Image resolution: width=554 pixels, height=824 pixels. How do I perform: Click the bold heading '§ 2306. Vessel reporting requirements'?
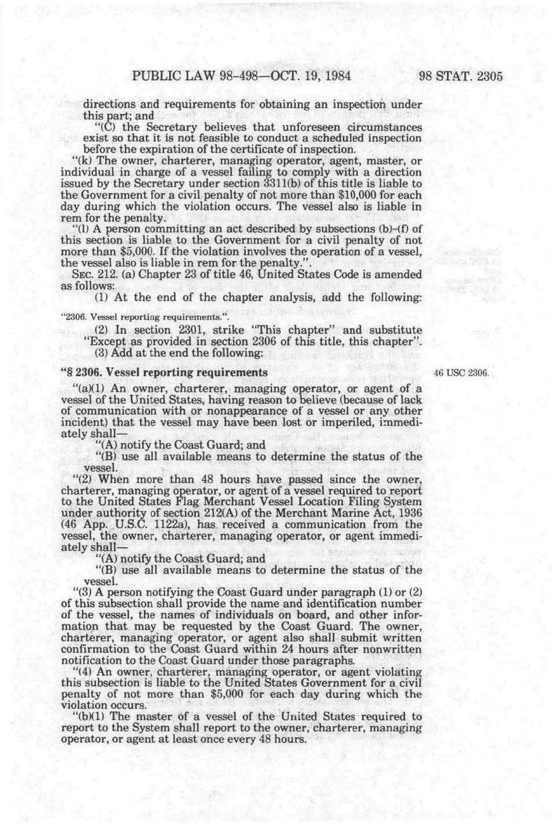[164, 373]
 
